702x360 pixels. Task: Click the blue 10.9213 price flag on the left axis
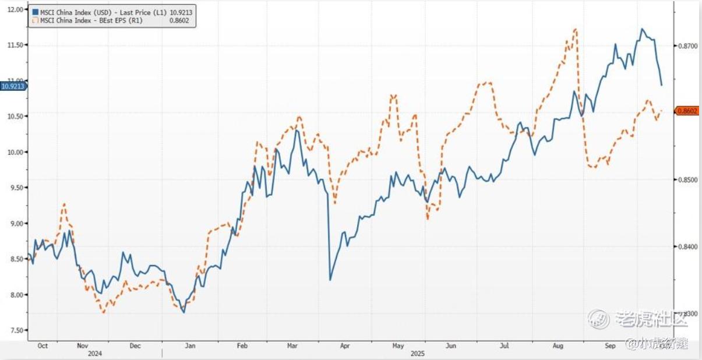(x=13, y=86)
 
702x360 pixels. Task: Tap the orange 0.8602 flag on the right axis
(x=687, y=110)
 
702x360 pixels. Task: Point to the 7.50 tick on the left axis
(x=15, y=330)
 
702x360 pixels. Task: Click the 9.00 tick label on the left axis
(x=15, y=224)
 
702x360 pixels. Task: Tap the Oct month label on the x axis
(x=42, y=345)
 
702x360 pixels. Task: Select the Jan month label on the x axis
(x=190, y=345)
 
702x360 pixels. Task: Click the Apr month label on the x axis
(x=345, y=345)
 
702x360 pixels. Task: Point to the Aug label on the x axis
(x=558, y=345)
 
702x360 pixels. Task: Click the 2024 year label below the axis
(x=95, y=354)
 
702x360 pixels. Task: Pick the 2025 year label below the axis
(x=417, y=354)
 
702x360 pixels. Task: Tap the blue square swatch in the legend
(x=35, y=12)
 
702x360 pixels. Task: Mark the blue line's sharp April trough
(x=330, y=280)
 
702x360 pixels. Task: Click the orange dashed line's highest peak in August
(x=576, y=29)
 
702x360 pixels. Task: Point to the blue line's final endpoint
(x=661, y=85)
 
